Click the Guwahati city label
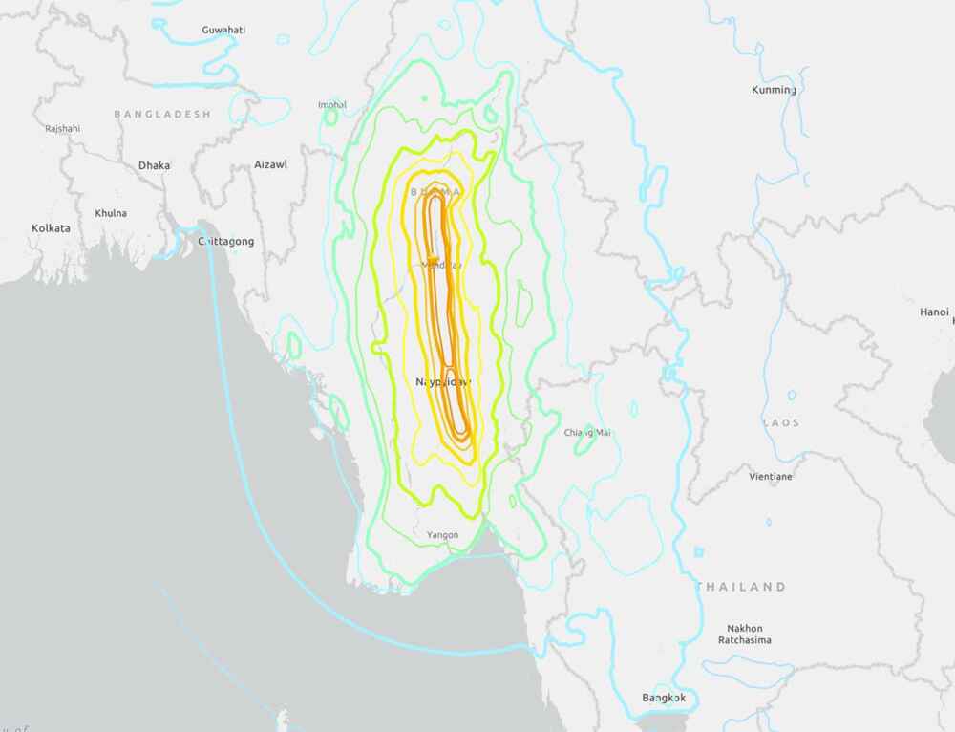(223, 30)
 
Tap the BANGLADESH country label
(162, 114)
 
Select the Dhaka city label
(154, 165)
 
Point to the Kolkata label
(51, 228)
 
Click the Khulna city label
(111, 213)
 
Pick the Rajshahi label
(62, 128)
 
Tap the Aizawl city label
(270, 164)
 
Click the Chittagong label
(225, 242)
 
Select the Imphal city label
(332, 104)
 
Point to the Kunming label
(774, 90)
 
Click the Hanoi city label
(934, 312)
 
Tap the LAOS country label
(780, 422)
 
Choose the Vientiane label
(770, 476)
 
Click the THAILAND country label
(741, 587)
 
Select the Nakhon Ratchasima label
(743, 634)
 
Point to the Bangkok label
(665, 698)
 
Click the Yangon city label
(442, 535)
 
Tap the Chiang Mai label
(586, 433)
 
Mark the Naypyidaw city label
(443, 381)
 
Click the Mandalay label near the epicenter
(441, 265)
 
